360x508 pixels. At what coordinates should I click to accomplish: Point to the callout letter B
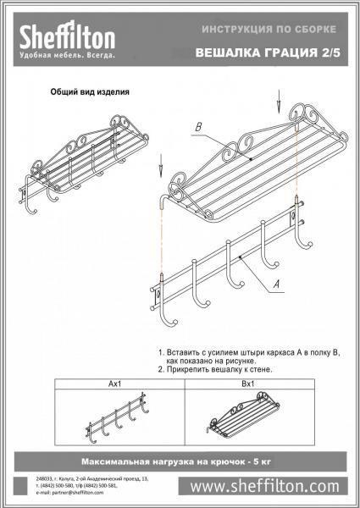pos(197,127)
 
